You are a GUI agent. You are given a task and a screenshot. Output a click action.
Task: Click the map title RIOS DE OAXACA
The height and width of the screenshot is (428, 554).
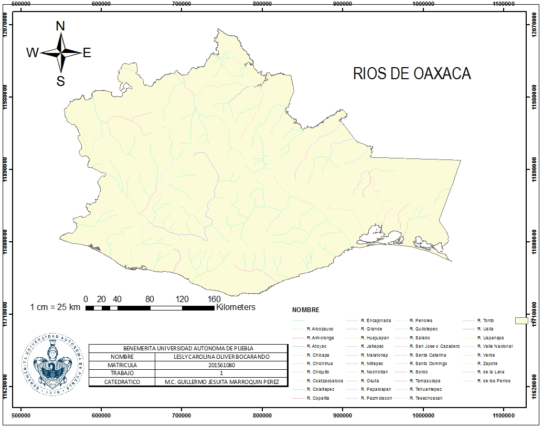click(x=412, y=73)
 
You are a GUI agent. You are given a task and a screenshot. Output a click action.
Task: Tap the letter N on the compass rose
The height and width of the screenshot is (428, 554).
click(x=60, y=26)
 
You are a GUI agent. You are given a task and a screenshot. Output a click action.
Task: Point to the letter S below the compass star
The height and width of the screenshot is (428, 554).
click(x=61, y=81)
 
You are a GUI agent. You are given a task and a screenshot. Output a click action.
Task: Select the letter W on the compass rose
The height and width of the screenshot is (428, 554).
click(x=32, y=52)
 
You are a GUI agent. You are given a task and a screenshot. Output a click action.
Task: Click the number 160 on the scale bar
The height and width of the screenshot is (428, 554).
click(x=214, y=299)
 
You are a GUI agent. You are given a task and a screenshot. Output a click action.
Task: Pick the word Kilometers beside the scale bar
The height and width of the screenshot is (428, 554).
click(x=236, y=307)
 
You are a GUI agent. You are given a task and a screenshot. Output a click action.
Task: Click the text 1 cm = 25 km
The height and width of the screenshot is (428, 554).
click(x=55, y=307)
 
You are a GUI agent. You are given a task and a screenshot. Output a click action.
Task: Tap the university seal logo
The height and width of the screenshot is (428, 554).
click(x=53, y=363)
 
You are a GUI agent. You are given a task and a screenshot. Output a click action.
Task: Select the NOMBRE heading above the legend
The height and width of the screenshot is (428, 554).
click(x=305, y=310)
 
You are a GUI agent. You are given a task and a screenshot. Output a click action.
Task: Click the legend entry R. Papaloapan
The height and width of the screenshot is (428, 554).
click(x=375, y=389)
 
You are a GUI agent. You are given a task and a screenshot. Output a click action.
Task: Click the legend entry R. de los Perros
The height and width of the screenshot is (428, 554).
click(x=497, y=381)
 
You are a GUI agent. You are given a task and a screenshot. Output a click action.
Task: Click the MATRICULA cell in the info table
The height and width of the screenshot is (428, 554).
click(x=122, y=365)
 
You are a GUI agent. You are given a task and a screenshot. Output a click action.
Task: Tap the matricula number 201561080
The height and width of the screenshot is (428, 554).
click(x=221, y=365)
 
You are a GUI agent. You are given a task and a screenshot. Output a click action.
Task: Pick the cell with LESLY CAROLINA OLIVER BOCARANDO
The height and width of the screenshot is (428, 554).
click(x=221, y=357)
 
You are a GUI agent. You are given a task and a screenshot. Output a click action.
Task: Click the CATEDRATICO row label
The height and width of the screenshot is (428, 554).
click(x=122, y=382)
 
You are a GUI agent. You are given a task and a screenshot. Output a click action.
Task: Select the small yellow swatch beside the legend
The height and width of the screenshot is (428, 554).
click(x=521, y=320)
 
